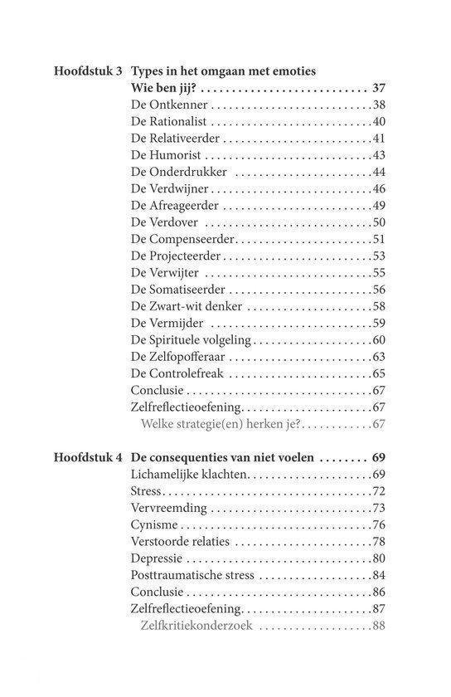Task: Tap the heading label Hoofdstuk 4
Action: pos(86,457)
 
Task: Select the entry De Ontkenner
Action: pos(169,105)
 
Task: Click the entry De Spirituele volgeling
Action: pos(190,340)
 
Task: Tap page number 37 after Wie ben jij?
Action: pos(380,88)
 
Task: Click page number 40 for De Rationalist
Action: pos(380,122)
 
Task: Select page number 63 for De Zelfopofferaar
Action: pos(380,357)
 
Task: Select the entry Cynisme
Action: pos(155,524)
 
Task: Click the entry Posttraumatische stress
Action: pos(190,575)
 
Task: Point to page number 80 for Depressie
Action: pos(380,558)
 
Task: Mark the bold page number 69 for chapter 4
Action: pos(380,457)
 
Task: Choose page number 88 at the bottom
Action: pos(380,626)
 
